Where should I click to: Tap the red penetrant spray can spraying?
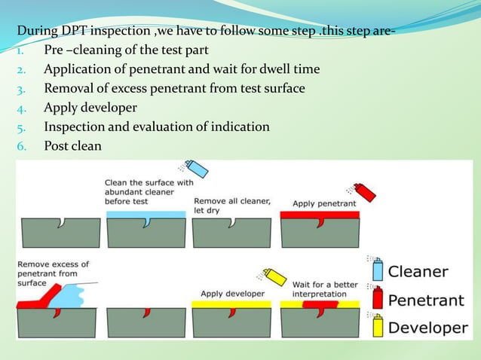364,192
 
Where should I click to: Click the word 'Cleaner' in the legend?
419,271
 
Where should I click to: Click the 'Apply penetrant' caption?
314,203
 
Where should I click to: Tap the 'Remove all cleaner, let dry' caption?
231,206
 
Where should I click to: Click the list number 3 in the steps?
22,89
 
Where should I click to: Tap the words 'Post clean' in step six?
72,145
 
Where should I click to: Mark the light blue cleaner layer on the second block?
146,215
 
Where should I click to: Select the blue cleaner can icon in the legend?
378,270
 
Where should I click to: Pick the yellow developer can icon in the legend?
378,327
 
